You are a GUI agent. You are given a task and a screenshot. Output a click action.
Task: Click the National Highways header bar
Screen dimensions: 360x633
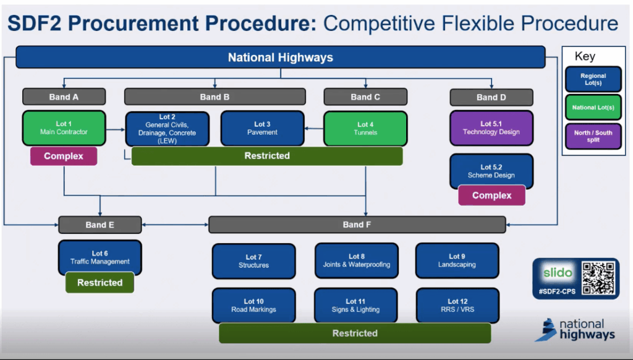pos(280,58)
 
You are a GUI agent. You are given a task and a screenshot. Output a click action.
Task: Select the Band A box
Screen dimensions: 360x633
pos(64,96)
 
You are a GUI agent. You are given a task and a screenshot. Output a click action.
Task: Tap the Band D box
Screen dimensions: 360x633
pos(491,97)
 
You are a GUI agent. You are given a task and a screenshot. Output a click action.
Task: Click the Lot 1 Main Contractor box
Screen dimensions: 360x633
pos(64,128)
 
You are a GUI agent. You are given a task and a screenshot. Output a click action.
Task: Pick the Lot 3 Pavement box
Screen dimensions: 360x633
pos(262,128)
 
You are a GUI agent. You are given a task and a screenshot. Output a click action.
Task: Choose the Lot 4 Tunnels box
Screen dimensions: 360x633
pos(365,128)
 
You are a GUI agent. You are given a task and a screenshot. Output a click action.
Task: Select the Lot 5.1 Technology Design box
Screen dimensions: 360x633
pos(491,128)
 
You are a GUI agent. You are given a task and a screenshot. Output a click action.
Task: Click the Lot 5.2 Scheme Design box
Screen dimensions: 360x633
pos(491,171)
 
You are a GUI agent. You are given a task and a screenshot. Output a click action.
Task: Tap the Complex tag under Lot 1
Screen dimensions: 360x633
pos(64,156)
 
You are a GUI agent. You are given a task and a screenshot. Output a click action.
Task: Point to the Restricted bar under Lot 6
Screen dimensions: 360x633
pos(100,283)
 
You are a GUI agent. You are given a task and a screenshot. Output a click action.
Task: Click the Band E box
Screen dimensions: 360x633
pos(100,225)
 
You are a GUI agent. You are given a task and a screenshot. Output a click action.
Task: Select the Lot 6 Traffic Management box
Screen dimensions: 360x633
pos(100,257)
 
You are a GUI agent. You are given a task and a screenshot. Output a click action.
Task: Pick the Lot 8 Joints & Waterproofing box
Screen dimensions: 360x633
pos(356,260)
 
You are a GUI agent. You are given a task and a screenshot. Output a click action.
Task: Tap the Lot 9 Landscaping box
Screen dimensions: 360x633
pos(457,260)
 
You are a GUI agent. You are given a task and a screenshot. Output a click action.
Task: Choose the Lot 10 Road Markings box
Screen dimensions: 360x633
pos(253,306)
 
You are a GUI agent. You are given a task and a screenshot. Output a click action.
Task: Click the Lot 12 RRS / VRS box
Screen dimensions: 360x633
pos(457,306)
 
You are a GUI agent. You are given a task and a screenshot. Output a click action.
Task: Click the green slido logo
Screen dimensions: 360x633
pos(558,273)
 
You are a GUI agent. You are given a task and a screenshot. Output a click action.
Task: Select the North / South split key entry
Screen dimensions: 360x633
pos(592,136)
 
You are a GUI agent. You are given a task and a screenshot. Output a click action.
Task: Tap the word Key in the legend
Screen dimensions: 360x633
pos(585,56)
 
